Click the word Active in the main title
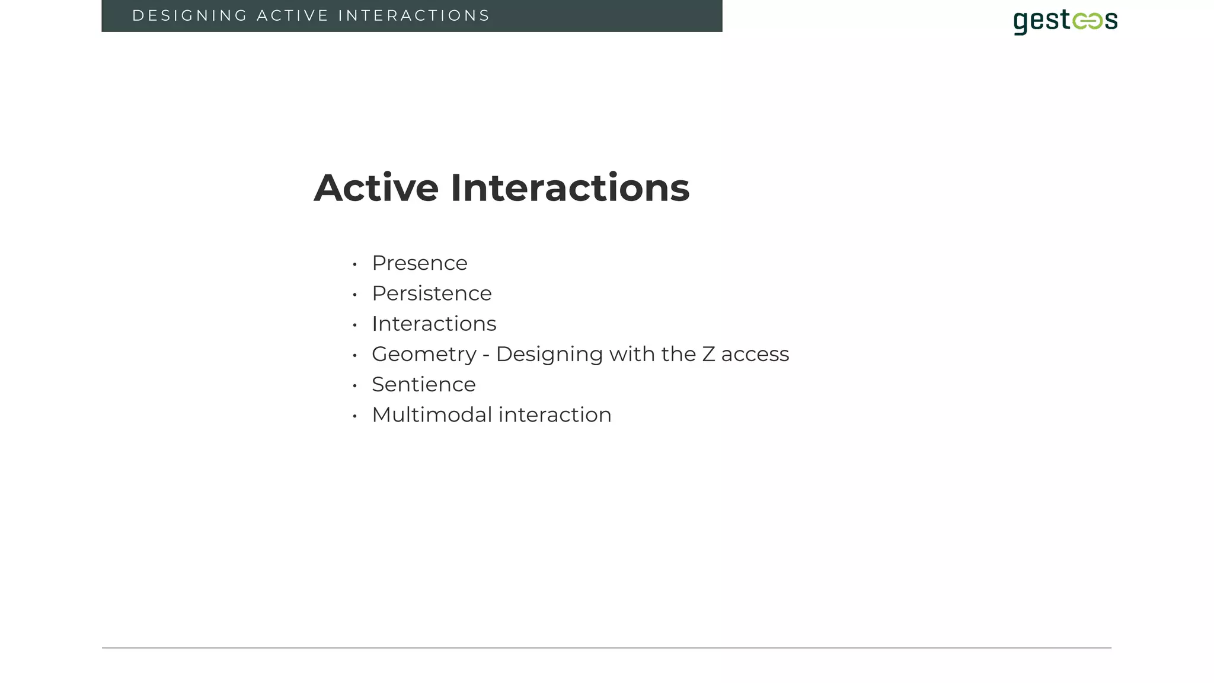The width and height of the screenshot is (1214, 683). click(x=376, y=189)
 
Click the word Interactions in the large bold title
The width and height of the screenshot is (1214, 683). click(x=570, y=189)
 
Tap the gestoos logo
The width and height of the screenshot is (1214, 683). click(x=1065, y=21)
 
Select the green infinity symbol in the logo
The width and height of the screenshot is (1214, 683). click(x=1087, y=22)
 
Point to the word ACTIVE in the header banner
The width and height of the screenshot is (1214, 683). click(x=292, y=16)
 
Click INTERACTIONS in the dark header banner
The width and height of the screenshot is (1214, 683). click(x=414, y=16)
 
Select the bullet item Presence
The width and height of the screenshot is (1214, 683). click(x=419, y=263)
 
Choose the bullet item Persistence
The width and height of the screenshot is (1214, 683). click(x=432, y=293)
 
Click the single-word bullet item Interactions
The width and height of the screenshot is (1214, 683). click(x=434, y=324)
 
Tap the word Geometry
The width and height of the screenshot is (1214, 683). click(x=424, y=355)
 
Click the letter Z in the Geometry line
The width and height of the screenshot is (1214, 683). click(x=708, y=355)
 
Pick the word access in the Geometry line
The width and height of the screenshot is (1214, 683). click(x=755, y=355)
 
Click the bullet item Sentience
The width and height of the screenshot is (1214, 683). click(x=423, y=385)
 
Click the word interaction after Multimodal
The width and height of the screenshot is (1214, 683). click(x=555, y=415)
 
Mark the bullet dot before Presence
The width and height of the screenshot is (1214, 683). click(x=354, y=264)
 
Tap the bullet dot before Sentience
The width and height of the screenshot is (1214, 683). click(x=354, y=386)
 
